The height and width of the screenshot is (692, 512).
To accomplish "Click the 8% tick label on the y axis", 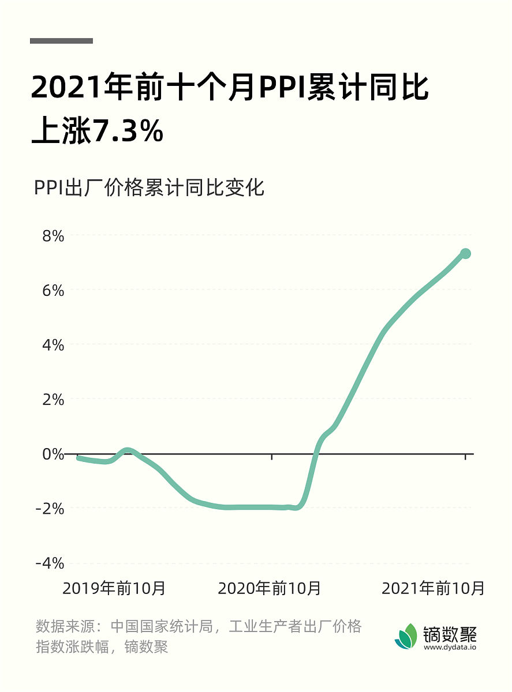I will (51, 236).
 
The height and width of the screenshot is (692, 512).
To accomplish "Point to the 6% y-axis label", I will (51, 290).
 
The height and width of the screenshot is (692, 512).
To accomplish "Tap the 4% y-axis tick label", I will (51, 345).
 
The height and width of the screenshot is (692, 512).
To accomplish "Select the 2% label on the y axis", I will (51, 399).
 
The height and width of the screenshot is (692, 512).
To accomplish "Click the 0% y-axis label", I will (51, 454).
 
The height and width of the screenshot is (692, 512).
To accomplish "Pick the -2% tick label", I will (49, 508).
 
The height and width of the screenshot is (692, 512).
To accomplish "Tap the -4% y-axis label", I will (49, 563).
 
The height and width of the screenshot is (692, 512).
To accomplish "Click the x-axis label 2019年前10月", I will (114, 589).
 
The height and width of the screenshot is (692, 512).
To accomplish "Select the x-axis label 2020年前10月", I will (270, 589).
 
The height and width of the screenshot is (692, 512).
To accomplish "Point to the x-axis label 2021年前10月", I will (433, 589).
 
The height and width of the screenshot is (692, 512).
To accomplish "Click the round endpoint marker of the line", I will (465, 254).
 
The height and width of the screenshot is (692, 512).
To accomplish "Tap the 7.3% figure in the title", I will (128, 131).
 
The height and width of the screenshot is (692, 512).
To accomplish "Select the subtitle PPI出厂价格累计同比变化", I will (149, 188).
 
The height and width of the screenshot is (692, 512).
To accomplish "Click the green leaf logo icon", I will (406, 636).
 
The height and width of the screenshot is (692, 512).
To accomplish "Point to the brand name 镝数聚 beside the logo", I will (450, 633).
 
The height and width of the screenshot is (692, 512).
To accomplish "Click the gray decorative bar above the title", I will (61, 41).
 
